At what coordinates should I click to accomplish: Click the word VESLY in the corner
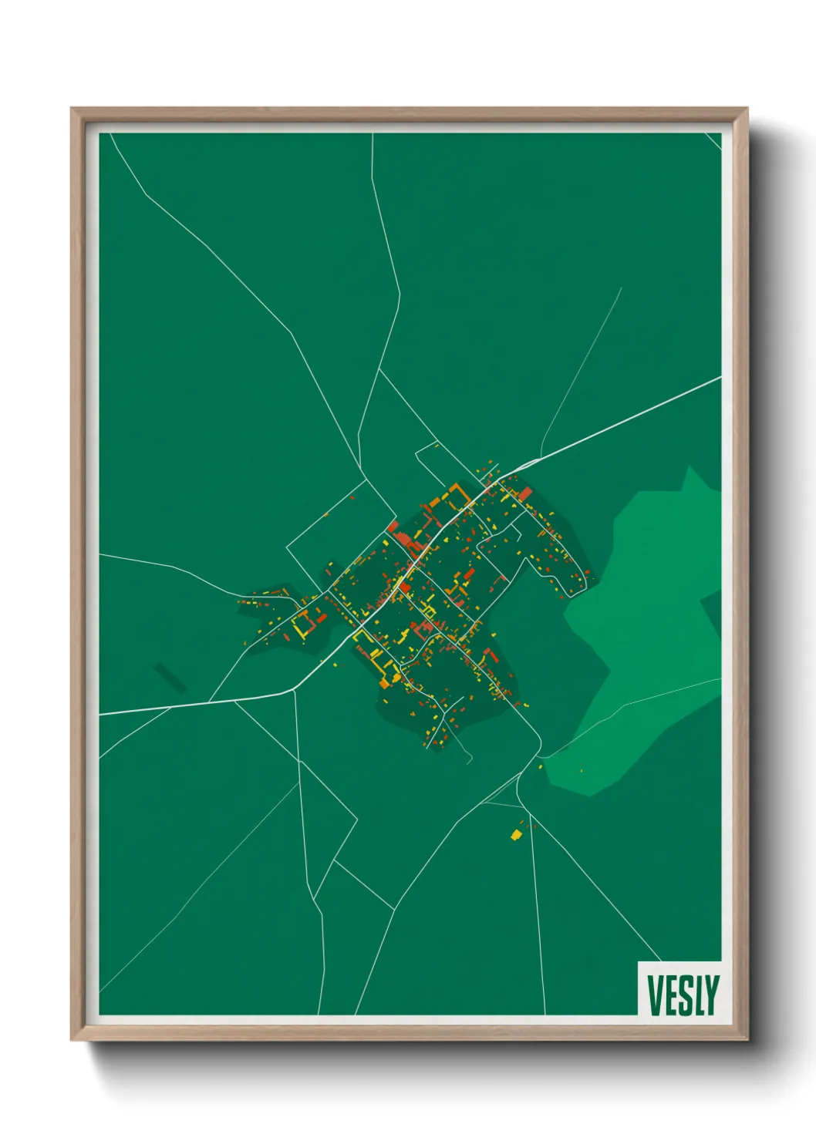683,995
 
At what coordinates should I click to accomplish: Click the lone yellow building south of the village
516,834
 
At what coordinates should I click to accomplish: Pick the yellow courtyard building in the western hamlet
302,624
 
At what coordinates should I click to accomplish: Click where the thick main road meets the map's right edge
720,377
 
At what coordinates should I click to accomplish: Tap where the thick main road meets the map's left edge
100,714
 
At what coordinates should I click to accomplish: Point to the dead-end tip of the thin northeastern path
621,288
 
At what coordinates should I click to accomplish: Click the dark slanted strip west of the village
170,677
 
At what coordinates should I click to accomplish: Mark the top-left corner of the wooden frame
72,109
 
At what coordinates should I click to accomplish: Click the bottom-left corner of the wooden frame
72,1038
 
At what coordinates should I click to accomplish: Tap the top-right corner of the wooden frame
746,109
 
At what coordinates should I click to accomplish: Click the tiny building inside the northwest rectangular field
326,514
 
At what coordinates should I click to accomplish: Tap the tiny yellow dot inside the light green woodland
581,770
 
